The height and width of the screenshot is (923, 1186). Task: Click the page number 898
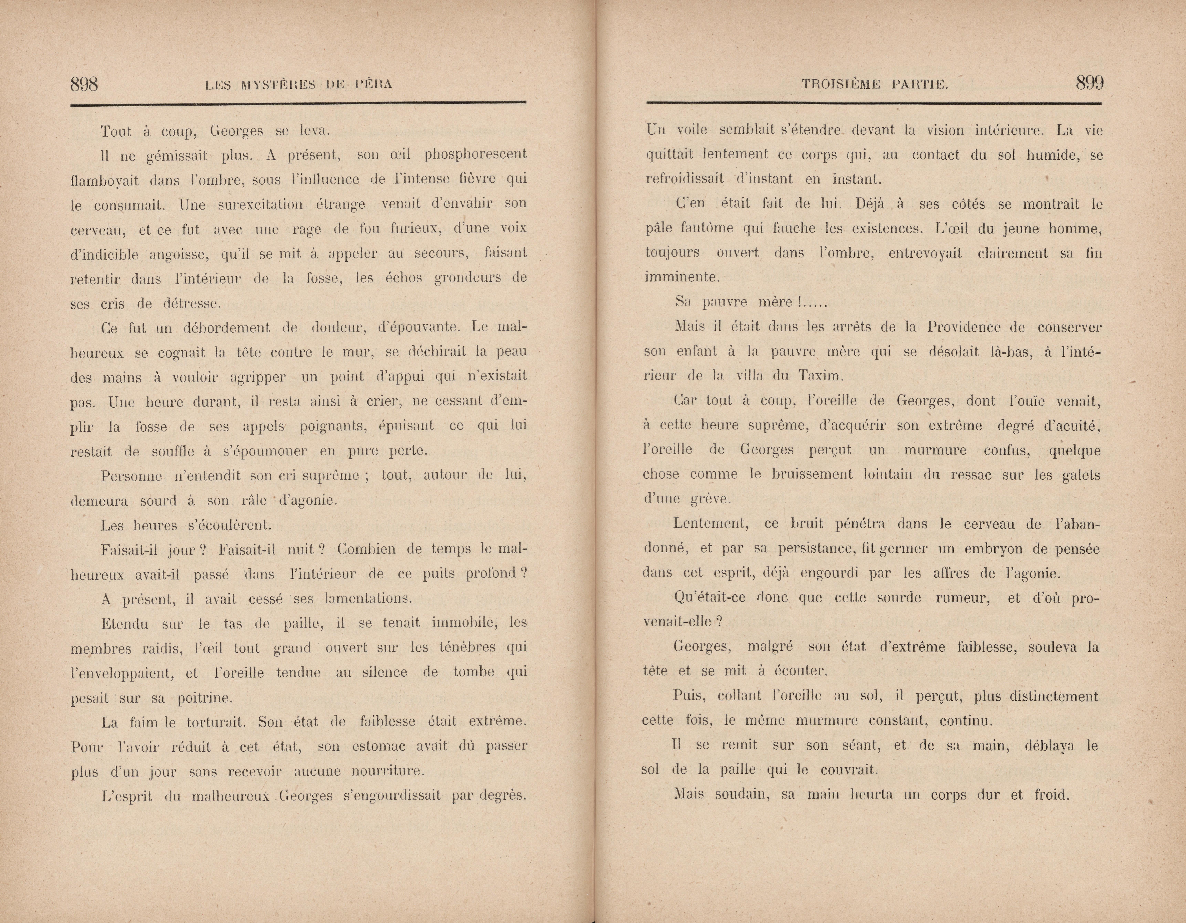84,84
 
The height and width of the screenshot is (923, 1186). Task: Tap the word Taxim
821,376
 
